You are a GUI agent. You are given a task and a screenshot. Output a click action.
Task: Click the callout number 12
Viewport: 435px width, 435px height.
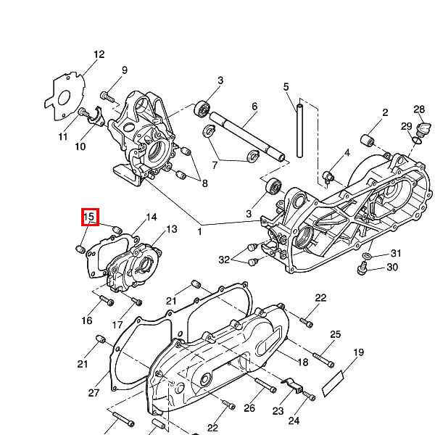click(99, 54)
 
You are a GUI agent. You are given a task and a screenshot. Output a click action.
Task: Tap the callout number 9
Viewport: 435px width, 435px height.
click(124, 70)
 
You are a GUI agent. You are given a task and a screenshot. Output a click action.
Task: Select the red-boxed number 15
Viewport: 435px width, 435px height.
click(89, 216)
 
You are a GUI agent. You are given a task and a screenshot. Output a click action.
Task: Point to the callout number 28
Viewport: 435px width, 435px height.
click(419, 109)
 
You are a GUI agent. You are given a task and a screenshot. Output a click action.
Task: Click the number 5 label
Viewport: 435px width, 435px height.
click(286, 86)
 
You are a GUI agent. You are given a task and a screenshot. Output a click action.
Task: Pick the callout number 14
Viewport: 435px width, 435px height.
click(152, 217)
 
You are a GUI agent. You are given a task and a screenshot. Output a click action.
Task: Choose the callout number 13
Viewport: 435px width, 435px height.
click(172, 230)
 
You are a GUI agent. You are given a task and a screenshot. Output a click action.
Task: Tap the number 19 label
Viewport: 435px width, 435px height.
click(358, 353)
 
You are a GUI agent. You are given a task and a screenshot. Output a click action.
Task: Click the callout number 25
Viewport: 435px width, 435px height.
click(336, 334)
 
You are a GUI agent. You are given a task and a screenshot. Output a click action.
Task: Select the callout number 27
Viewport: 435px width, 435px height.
click(94, 393)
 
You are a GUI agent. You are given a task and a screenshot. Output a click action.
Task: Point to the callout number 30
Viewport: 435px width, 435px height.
click(392, 268)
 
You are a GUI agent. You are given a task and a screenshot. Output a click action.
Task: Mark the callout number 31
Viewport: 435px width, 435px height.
click(396, 253)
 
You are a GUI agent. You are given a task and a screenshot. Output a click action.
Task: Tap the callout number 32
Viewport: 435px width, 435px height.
click(224, 260)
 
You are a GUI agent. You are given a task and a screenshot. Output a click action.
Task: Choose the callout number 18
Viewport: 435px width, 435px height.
click(302, 362)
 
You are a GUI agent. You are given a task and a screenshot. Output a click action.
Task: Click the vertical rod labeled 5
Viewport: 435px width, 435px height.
click(298, 130)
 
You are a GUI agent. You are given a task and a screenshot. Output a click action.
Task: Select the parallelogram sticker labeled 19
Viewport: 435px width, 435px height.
click(336, 380)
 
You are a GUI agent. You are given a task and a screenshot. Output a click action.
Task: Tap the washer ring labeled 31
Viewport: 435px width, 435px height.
click(369, 257)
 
